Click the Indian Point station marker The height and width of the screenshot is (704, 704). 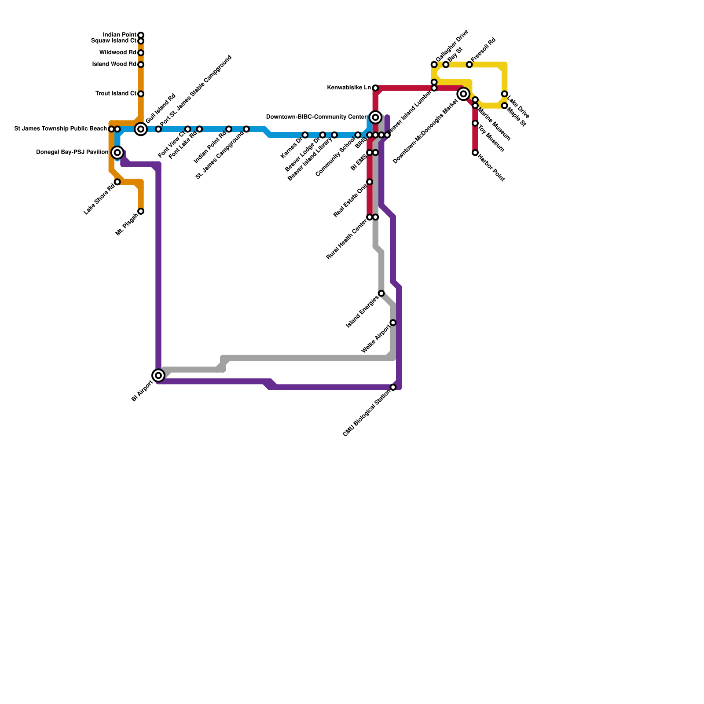[141, 35]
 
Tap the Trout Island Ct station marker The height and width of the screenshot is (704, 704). [141, 94]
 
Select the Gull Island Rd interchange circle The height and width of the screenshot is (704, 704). [141, 129]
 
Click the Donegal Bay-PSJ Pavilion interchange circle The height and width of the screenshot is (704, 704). [117, 153]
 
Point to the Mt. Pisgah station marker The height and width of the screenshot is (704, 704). [141, 212]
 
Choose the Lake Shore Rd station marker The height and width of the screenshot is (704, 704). [117, 182]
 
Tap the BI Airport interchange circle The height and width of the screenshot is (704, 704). [158, 375]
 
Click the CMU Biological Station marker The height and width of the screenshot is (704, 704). [393, 387]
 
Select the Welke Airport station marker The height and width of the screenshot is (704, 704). [393, 323]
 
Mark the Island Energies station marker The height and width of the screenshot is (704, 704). [381, 293]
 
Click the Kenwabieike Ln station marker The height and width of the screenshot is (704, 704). [375, 88]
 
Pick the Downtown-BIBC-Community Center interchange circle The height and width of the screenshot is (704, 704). [375, 117]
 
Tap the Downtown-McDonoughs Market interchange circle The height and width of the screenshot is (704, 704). [463, 94]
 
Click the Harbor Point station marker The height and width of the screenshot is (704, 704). [475, 153]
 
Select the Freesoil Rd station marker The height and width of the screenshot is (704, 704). [469, 65]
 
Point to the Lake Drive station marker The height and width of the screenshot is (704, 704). [505, 94]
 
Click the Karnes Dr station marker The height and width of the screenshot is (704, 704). [305, 135]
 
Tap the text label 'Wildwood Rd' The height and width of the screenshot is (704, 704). [118, 53]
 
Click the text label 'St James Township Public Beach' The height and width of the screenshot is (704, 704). [61, 129]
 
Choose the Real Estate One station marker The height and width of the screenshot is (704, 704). [370, 182]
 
